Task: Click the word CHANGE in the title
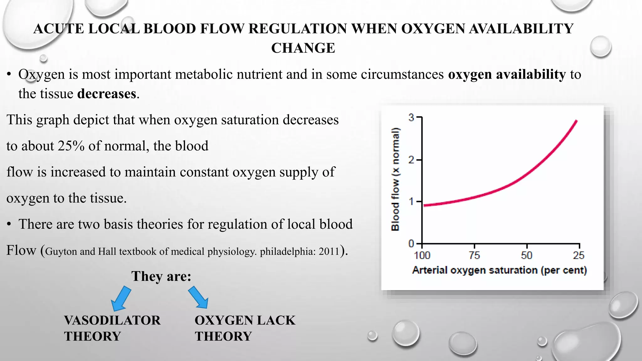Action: pyautogui.click(x=303, y=48)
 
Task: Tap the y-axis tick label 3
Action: pyautogui.click(x=411, y=118)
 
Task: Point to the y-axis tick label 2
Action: pyautogui.click(x=411, y=160)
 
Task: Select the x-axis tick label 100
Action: pyautogui.click(x=422, y=255)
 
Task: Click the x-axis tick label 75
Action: pyautogui.click(x=474, y=255)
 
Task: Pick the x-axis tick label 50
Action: pyautogui.click(x=527, y=255)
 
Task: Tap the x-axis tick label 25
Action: pyautogui.click(x=579, y=255)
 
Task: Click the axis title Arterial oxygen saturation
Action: pyautogui.click(x=499, y=270)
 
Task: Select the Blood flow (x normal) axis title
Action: pyautogui.click(x=396, y=179)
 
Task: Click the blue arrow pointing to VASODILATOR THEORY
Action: pyautogui.click(x=121, y=298)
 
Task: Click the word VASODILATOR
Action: pyautogui.click(x=112, y=320)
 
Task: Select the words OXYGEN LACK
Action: pyautogui.click(x=245, y=320)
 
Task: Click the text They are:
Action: pyautogui.click(x=161, y=276)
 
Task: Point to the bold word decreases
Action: pyautogui.click(x=107, y=94)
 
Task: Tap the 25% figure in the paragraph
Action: pyautogui.click(x=71, y=146)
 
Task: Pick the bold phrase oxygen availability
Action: pyautogui.click(x=507, y=74)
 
